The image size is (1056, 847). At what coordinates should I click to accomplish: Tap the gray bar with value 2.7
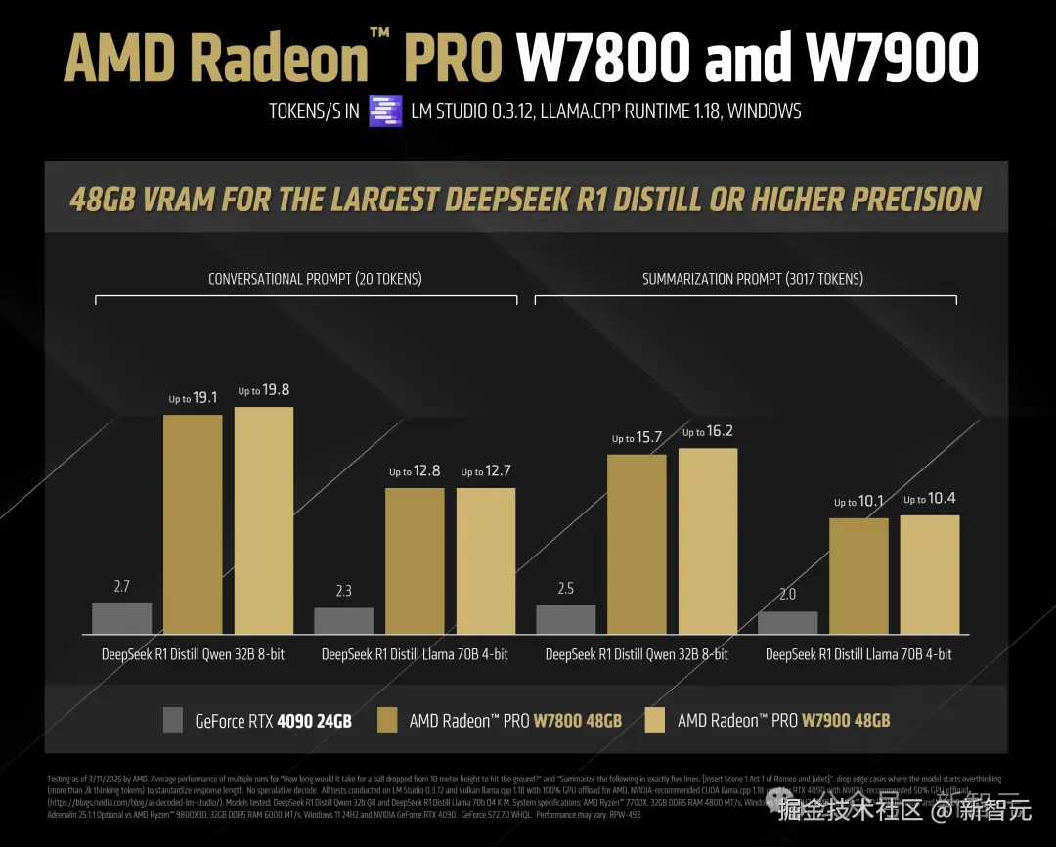tap(121, 618)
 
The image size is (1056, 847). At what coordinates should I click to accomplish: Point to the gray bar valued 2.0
tap(787, 623)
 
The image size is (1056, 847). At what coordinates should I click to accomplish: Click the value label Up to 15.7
tap(637, 437)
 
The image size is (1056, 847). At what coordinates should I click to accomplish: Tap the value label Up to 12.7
tap(486, 471)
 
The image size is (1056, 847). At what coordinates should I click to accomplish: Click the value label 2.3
tap(343, 591)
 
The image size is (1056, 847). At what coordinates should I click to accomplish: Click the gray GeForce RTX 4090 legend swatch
tap(173, 720)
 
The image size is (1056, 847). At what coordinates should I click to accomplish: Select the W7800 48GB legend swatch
tap(387, 720)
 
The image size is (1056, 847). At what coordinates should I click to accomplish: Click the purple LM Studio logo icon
tap(385, 111)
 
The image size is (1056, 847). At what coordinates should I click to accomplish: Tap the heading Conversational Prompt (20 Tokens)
tap(315, 279)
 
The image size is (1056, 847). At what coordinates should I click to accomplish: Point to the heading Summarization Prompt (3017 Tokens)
tap(753, 279)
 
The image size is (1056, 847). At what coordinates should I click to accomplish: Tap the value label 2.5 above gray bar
tap(565, 588)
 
